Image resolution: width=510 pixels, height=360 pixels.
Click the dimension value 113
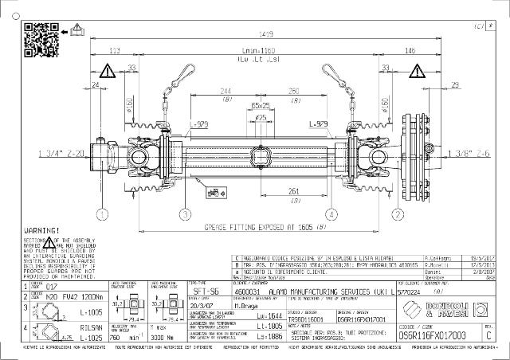[x=114, y=50]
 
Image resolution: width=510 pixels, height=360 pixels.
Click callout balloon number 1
[x=102, y=213]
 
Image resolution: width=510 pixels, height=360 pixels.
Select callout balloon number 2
[x=396, y=213]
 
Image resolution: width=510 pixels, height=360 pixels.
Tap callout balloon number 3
[x=185, y=213]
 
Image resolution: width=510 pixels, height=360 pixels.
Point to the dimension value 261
[x=293, y=191]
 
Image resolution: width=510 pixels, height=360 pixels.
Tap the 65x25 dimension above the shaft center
[x=260, y=105]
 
